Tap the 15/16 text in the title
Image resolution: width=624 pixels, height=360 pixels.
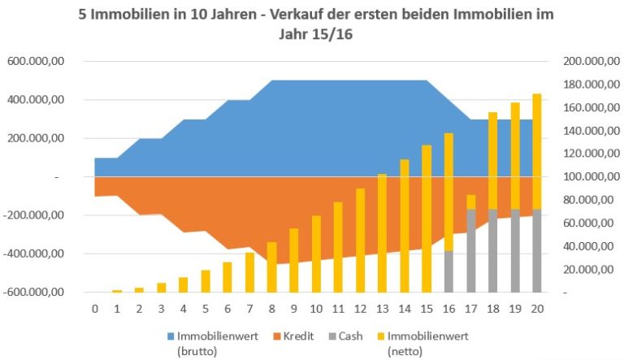[329, 37]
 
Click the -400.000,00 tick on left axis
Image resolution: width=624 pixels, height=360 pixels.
[37, 254]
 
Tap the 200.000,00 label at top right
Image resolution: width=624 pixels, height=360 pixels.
[583, 62]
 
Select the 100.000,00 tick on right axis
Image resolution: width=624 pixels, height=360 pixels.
[583, 177]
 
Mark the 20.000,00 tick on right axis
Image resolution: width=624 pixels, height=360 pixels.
[586, 269]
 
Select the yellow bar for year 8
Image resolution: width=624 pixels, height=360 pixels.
[271, 267]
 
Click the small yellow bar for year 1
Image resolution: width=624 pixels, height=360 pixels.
[117, 290]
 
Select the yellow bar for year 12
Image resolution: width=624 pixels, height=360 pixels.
[360, 240]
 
